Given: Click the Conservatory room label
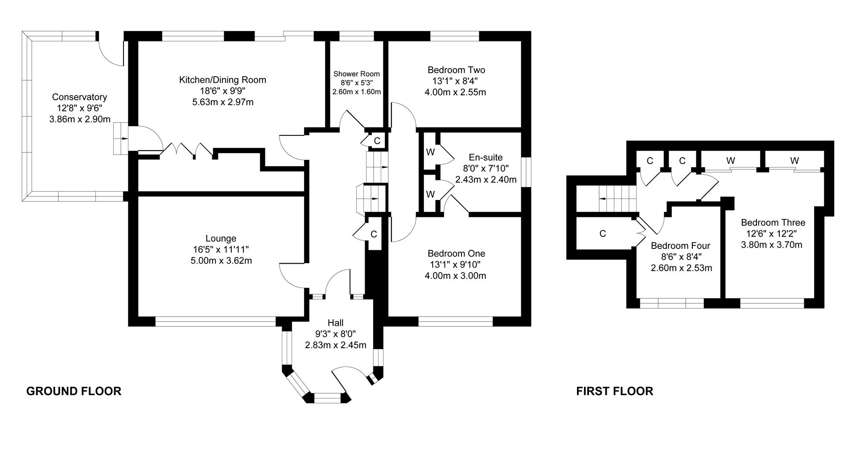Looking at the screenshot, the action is [x=79, y=97].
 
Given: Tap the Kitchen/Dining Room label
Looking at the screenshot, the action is [x=222, y=80].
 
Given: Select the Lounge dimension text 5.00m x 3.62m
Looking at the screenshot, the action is [x=221, y=261].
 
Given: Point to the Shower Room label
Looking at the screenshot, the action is [x=357, y=73].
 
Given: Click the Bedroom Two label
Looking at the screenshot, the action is [x=456, y=70].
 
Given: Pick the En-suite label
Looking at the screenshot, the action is [x=486, y=157].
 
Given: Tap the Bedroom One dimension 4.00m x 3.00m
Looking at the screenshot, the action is [x=455, y=276].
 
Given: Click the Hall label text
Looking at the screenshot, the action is [x=335, y=323].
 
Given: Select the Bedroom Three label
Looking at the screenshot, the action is [x=773, y=223].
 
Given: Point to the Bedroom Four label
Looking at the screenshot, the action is [x=680, y=246].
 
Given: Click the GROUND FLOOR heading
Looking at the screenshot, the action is [x=74, y=391].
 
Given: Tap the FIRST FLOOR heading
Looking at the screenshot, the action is [x=615, y=391].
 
